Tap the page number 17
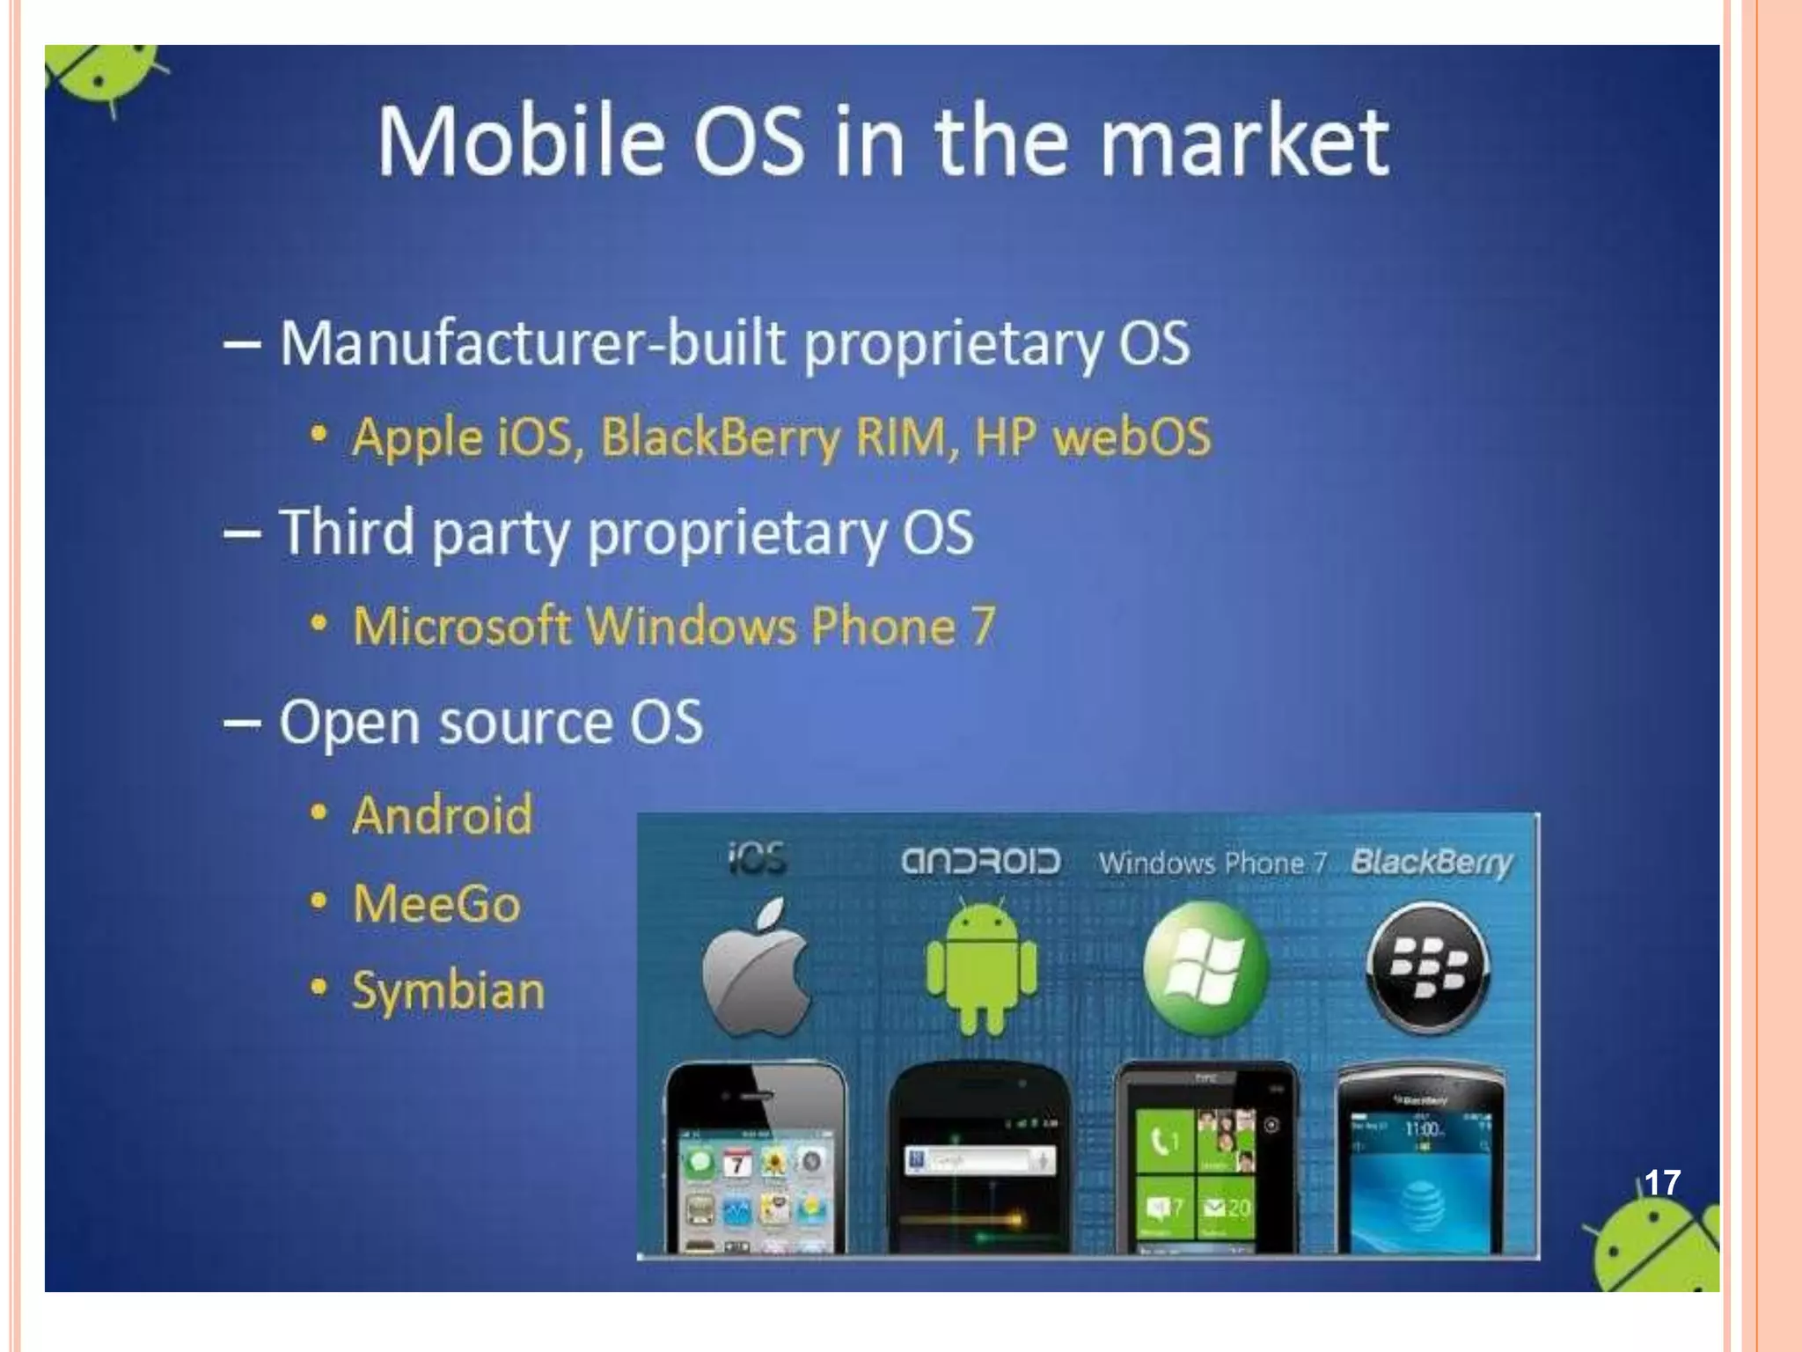pos(1662,1182)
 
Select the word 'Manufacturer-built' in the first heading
pos(531,342)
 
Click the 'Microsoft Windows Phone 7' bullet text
pos(674,626)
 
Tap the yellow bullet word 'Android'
pos(443,814)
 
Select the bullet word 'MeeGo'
pos(436,904)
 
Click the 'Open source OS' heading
pos(491,723)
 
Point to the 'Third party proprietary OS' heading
pos(626,533)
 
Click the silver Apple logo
pos(757,966)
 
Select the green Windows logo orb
pos(1205,967)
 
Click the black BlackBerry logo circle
pos(1428,967)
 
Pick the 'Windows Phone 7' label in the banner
pos(1212,863)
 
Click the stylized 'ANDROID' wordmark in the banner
pos(980,861)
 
